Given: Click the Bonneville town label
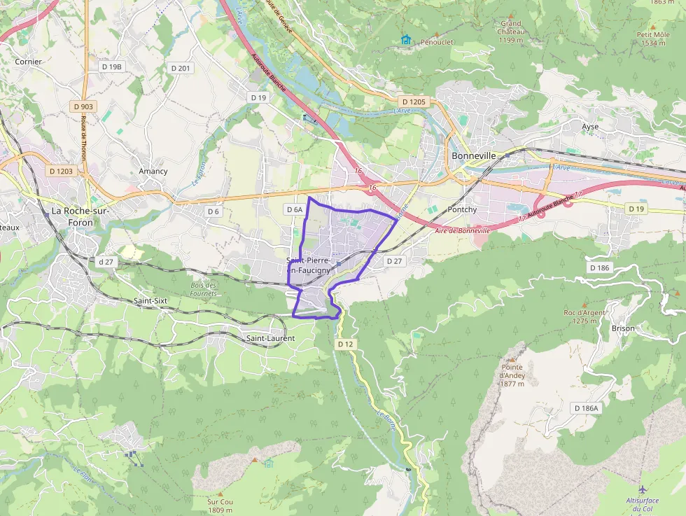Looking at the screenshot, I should tap(474, 155).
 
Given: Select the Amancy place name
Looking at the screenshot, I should tap(153, 171).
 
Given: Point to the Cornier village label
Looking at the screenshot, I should tap(29, 62).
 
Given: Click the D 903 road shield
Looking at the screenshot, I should tap(83, 106).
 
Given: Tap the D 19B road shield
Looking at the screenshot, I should tap(112, 67).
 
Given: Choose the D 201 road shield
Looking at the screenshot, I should tap(180, 68).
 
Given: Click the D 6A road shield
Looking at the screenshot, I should tap(295, 209).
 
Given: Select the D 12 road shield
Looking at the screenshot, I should tap(346, 344).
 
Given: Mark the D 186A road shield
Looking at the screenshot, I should tap(586, 408).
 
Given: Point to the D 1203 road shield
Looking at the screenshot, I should tap(61, 171).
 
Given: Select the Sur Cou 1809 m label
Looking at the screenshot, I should tap(220, 505).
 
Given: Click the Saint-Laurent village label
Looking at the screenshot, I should tap(270, 338).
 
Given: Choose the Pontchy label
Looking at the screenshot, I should tap(462, 209).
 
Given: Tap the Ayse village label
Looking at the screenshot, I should tap(590, 127).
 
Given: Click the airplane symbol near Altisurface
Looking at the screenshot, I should tap(643, 488).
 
